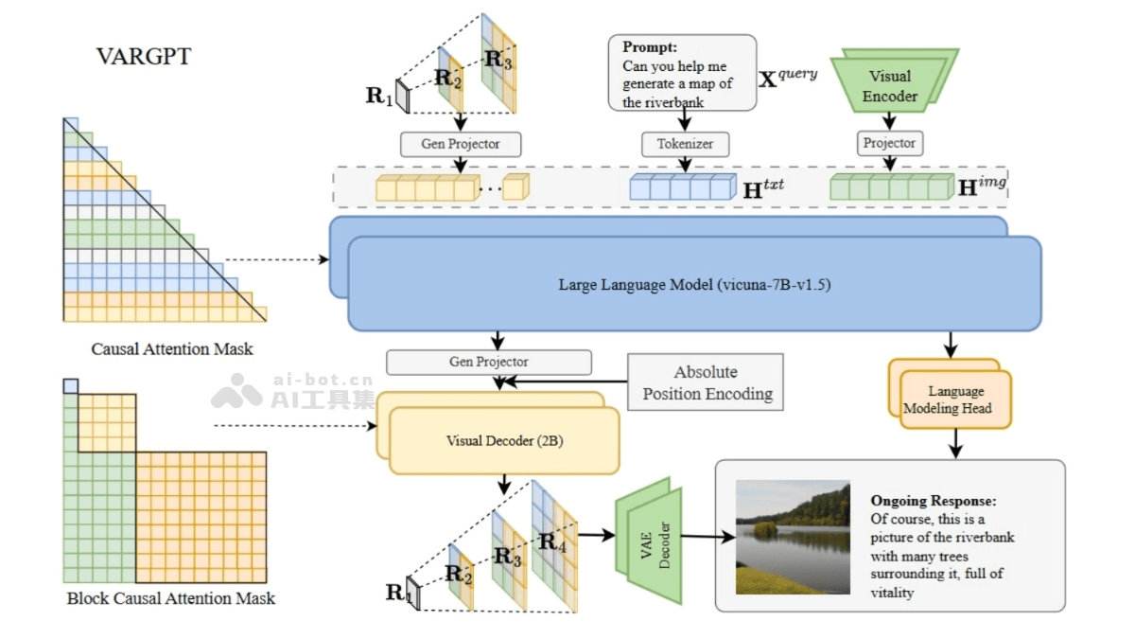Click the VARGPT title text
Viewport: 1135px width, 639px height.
pyautogui.click(x=143, y=57)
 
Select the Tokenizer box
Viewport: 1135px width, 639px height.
pyautogui.click(x=685, y=144)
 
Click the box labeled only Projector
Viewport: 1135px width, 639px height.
pyautogui.click(x=889, y=143)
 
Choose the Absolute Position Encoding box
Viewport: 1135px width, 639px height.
pyautogui.click(x=707, y=382)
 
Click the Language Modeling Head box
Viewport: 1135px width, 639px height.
pyautogui.click(x=955, y=399)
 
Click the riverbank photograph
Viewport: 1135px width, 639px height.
pyautogui.click(x=793, y=537)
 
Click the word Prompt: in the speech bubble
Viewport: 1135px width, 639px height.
pyautogui.click(x=651, y=46)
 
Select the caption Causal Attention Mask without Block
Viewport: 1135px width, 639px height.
pyautogui.click(x=172, y=348)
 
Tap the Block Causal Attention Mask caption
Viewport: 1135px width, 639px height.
pyautogui.click(x=171, y=598)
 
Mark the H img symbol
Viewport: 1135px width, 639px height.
pyautogui.click(x=981, y=186)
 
